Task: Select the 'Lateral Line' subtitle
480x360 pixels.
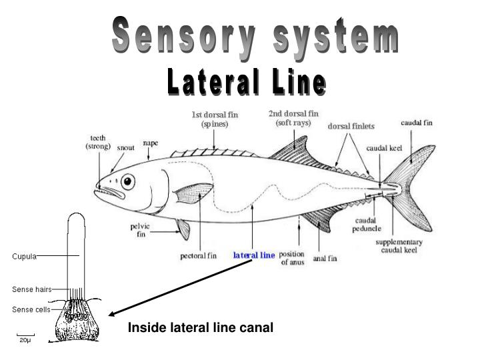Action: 247,83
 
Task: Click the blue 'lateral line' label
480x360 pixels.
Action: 253,255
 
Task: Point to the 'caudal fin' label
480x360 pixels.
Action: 416,123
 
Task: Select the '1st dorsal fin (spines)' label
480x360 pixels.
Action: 215,119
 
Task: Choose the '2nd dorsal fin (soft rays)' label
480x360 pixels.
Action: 293,118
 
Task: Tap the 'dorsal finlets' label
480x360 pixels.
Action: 351,126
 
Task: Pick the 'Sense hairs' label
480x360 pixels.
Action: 31,289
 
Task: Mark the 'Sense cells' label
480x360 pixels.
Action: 31,309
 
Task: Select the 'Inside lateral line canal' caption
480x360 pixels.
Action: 201,327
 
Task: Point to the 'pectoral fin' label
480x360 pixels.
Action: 199,255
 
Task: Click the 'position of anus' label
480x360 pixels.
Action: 291,259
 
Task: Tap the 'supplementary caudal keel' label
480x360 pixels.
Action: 399,246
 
